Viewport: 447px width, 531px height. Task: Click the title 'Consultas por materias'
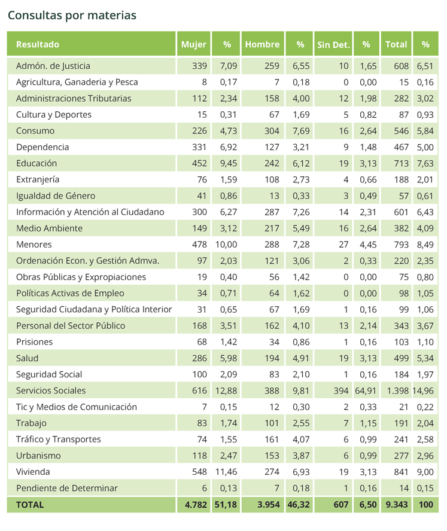[72, 16]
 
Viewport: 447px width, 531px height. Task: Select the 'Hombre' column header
[262, 44]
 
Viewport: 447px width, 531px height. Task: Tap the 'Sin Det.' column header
[333, 45]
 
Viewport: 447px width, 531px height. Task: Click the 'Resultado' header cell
[38, 44]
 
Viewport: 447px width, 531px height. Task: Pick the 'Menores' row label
[34, 245]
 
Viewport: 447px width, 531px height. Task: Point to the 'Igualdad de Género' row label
[56, 196]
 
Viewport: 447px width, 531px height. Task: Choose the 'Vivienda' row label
[33, 472]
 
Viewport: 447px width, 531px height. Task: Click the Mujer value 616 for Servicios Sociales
[199, 390]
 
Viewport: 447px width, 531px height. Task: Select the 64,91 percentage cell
[366, 390]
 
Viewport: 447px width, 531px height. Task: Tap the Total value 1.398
[397, 390]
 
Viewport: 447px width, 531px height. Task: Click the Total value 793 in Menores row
[402, 245]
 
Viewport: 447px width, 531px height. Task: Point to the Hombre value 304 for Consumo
[272, 131]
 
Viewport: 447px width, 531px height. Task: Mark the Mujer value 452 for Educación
[199, 163]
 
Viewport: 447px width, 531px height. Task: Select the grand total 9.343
[397, 505]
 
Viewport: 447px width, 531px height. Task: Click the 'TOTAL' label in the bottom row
[30, 505]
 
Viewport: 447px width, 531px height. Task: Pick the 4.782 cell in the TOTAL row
[196, 505]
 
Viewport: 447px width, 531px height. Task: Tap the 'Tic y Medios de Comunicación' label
[76, 407]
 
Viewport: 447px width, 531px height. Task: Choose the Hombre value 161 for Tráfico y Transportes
[272, 440]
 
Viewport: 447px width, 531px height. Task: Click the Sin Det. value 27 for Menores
[343, 245]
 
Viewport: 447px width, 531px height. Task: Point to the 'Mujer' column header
[193, 44]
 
